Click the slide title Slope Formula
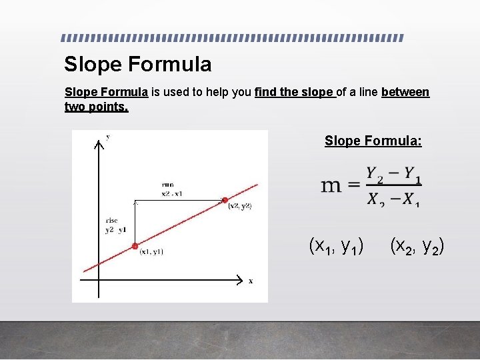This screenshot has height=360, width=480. point(137,64)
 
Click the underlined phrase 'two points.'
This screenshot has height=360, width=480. point(96,107)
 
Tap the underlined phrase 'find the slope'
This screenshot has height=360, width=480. point(294,92)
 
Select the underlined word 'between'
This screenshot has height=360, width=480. point(405,92)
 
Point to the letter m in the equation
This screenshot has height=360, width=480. point(332,185)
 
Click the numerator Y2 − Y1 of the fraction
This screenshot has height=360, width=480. point(393,175)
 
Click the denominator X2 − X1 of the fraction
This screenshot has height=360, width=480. point(393,198)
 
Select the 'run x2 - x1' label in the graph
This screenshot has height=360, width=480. point(171,189)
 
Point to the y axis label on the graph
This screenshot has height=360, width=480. point(108,137)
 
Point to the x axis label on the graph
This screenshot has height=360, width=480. point(251,281)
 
